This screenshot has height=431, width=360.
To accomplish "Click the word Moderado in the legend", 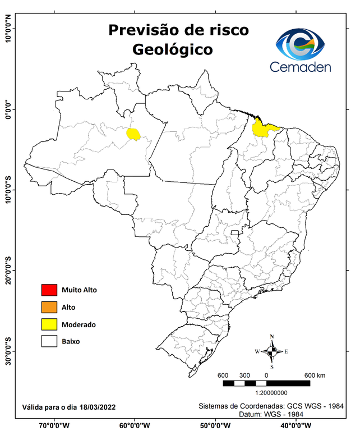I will [x=79, y=324].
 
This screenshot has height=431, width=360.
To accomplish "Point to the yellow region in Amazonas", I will [x=133, y=134].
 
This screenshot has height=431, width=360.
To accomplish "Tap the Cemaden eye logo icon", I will [x=303, y=44].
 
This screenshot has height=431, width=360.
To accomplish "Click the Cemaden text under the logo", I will [x=301, y=67].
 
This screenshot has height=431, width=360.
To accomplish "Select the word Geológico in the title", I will [x=172, y=49].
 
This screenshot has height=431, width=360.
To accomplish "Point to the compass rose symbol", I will [x=271, y=351].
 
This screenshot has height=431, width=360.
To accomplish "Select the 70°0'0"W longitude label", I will [x=54, y=425].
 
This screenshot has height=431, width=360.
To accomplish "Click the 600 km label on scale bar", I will [x=315, y=375].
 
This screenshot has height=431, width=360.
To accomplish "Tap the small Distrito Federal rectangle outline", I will [x=235, y=231].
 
